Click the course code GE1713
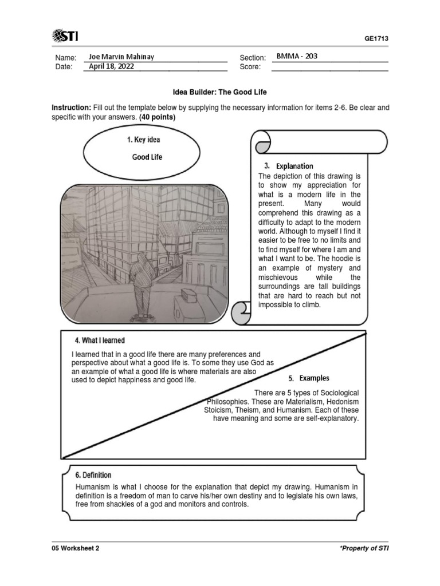tap(376, 39)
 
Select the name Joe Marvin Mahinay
tap(121, 57)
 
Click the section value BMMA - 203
tap(297, 57)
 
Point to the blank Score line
tap(329, 67)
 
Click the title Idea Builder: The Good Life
tap(220, 92)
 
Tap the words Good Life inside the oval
tap(147, 157)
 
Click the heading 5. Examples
tap(309, 378)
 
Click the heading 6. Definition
tap(93, 475)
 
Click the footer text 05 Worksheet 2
tap(75, 548)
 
